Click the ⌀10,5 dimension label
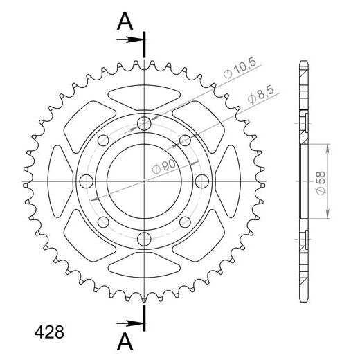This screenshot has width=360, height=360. click(240, 69)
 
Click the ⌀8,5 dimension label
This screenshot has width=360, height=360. click(261, 95)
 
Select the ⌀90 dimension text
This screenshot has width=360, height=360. click(164, 167)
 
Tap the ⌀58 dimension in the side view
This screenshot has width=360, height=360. click(321, 183)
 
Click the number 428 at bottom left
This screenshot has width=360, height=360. click(49, 332)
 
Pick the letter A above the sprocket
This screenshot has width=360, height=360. click(125, 21)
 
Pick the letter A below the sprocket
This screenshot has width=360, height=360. click(125, 342)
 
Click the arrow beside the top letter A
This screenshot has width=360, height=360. click(130, 40)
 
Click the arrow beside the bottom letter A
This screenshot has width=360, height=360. click(130, 323)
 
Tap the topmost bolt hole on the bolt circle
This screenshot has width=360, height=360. click(144, 123)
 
